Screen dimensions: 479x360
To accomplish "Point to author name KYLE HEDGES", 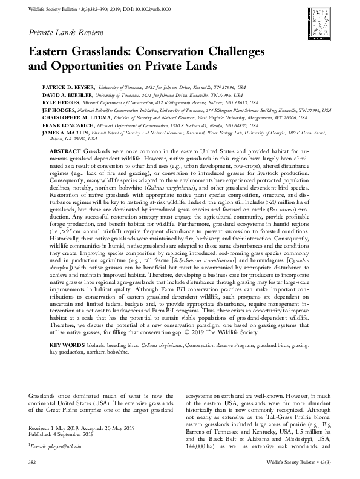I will (x=53, y=104).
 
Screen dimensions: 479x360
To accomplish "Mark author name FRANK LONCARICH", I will (x=61, y=127).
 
